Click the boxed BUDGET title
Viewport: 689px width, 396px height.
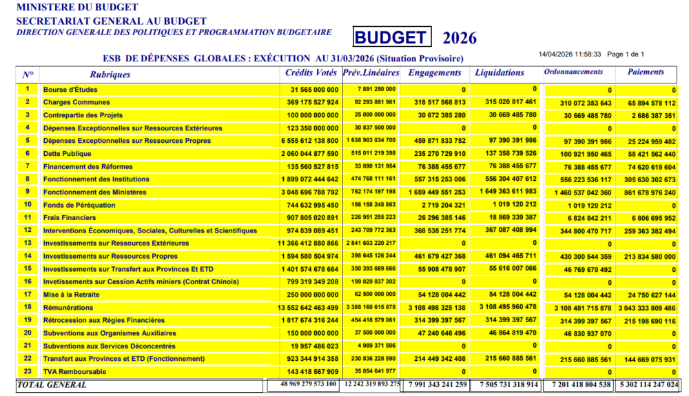[x=392, y=37]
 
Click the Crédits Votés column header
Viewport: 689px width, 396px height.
[x=311, y=72]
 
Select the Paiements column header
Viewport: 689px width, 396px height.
[x=646, y=72]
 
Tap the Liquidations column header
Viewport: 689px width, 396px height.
[x=500, y=72]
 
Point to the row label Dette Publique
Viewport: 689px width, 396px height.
[x=70, y=153]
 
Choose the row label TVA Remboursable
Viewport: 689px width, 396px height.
[x=74, y=372]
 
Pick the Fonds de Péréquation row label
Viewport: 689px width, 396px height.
[x=79, y=205]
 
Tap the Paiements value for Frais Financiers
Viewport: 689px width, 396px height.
[x=649, y=218]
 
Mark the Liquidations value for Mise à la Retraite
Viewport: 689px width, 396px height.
[x=508, y=294]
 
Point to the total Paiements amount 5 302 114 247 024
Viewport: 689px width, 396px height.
[x=648, y=385]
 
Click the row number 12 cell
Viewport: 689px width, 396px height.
[x=28, y=230]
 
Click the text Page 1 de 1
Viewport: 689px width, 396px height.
[x=626, y=54]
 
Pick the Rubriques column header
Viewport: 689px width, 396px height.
[x=110, y=75]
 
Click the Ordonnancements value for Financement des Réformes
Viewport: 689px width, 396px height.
[x=577, y=167]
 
